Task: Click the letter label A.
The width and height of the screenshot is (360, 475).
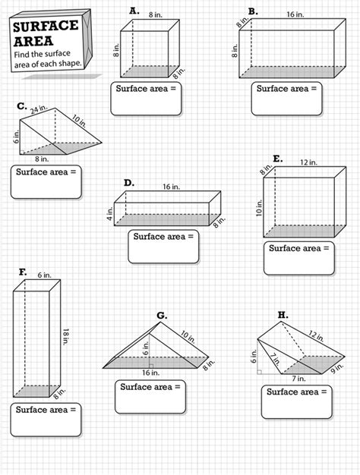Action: click(x=134, y=11)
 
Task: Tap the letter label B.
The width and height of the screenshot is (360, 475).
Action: click(x=253, y=11)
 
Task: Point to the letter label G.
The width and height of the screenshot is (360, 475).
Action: click(x=162, y=315)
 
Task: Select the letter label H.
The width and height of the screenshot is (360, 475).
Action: click(x=283, y=314)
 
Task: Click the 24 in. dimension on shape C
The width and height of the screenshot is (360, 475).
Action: click(x=39, y=110)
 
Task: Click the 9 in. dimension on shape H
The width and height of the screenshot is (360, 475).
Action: click(x=339, y=369)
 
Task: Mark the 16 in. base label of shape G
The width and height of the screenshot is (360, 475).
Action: click(x=149, y=373)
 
